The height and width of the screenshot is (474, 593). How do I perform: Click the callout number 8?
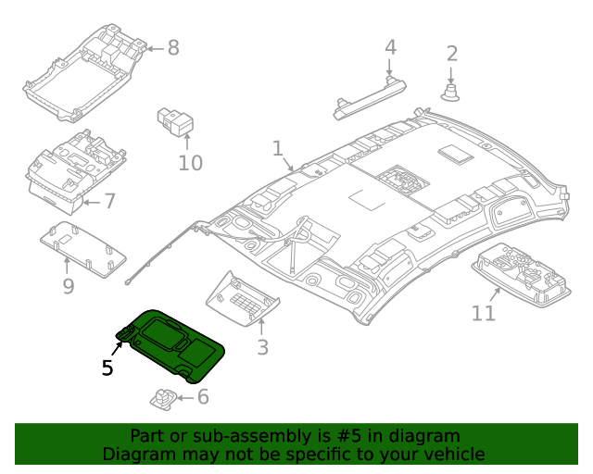coord(173,47)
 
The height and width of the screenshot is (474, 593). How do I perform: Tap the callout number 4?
coord(390,47)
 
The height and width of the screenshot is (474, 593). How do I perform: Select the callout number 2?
coord(452,54)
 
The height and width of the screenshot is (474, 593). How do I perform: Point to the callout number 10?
coord(190,164)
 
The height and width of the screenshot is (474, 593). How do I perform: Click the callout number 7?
coord(109,201)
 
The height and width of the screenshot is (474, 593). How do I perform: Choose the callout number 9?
coord(68,287)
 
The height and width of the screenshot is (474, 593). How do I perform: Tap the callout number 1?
coord(277,148)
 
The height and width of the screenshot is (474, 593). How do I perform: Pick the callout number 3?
coord(263,347)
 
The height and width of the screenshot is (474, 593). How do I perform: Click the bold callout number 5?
coord(107,368)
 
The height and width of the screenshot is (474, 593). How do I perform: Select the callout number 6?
coord(202,397)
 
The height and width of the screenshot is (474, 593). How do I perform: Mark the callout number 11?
coord(484,314)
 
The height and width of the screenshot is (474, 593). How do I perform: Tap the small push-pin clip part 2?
coord(452,92)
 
